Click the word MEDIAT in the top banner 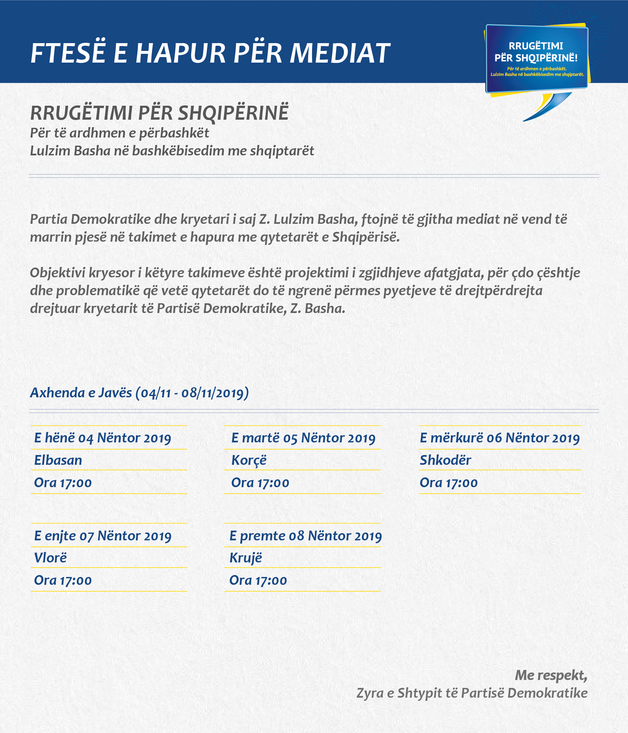340,54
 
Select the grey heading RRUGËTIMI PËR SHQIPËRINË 159,113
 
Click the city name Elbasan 58,460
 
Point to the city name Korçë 249,460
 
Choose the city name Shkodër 445,460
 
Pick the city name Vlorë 50,558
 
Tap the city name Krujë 246,558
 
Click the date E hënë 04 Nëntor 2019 103,438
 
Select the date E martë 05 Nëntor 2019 303,438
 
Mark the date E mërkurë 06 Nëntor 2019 500,438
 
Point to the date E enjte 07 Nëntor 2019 103,536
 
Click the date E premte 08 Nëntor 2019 306,536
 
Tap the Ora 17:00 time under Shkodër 448,483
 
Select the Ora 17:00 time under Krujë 258,581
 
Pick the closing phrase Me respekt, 551,675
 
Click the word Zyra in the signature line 370,693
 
